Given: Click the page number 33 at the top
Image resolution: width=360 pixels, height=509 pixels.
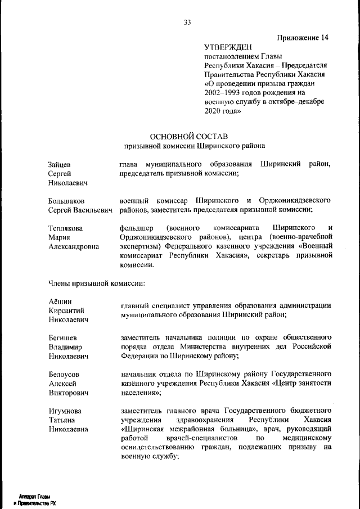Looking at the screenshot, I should pos(187,22).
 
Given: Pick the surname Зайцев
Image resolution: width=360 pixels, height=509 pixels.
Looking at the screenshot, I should pos(60,164).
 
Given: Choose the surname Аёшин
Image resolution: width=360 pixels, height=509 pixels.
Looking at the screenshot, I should pos(58,301).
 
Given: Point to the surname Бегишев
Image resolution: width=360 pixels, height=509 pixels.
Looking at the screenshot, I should pos(63,338).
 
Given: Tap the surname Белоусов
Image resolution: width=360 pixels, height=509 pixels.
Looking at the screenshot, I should pos(65,374).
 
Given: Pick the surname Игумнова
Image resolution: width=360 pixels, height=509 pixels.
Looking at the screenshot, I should pos(66,411).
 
